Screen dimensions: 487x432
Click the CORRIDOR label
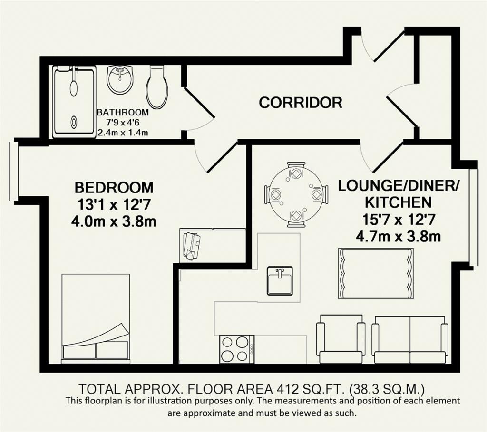301,102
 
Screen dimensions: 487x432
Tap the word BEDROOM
114,187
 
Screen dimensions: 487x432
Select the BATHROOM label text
123,112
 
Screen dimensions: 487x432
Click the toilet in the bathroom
157,86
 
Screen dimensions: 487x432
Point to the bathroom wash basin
120,79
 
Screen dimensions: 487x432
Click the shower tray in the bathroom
74,102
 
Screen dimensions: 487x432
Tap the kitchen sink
280,280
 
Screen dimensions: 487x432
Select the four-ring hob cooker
237,349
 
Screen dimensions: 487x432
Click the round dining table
296,195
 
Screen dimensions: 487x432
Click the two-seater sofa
410,339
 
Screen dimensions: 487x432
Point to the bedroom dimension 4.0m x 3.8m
114,221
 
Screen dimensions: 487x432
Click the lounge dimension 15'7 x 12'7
398,220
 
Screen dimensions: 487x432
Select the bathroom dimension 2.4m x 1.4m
123,133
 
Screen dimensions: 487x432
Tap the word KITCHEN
398,202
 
